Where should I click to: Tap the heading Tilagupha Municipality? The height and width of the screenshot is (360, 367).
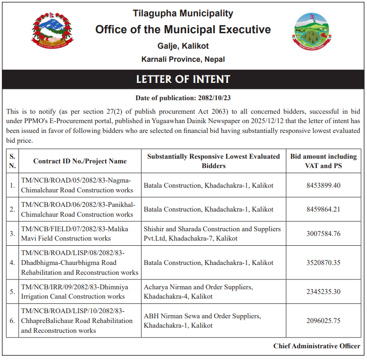point(183,14)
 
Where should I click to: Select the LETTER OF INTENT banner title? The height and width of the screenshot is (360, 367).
point(183,79)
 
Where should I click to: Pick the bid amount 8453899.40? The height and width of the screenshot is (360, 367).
point(323,185)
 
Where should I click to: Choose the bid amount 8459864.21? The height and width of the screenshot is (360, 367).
point(323,209)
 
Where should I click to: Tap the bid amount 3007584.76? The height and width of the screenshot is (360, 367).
point(323,234)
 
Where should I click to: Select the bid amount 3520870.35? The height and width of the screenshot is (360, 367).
point(323,263)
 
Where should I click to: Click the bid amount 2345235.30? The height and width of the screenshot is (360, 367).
point(323,292)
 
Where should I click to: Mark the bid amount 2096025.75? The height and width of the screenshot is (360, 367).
point(323,321)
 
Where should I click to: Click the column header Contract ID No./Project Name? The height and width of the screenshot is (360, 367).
point(80,161)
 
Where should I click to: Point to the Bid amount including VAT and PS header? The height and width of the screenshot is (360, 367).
point(323,161)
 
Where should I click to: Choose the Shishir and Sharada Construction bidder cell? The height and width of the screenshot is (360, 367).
point(212,234)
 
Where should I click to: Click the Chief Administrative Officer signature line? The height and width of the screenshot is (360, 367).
point(317,346)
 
